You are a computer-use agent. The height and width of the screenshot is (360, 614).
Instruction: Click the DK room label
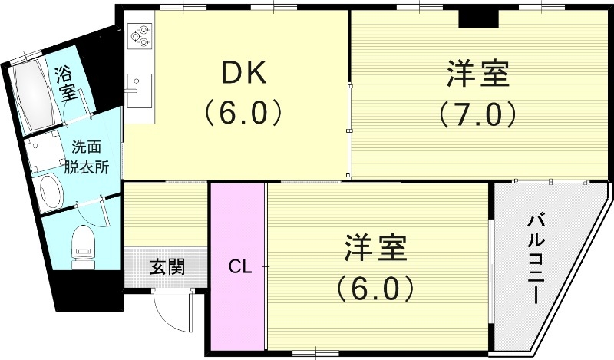pos(243,74)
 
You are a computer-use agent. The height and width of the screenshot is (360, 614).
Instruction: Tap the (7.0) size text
pos(477,114)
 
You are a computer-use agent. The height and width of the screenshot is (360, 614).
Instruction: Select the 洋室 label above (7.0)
pos(477,76)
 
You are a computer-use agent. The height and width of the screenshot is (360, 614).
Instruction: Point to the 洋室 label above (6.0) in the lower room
pos(374,250)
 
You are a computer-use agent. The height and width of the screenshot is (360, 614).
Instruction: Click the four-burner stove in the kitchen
pos(140,36)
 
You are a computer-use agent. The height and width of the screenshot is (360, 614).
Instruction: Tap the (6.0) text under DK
pos(243,114)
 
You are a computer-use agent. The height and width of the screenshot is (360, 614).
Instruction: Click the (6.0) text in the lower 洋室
pos(374,289)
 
